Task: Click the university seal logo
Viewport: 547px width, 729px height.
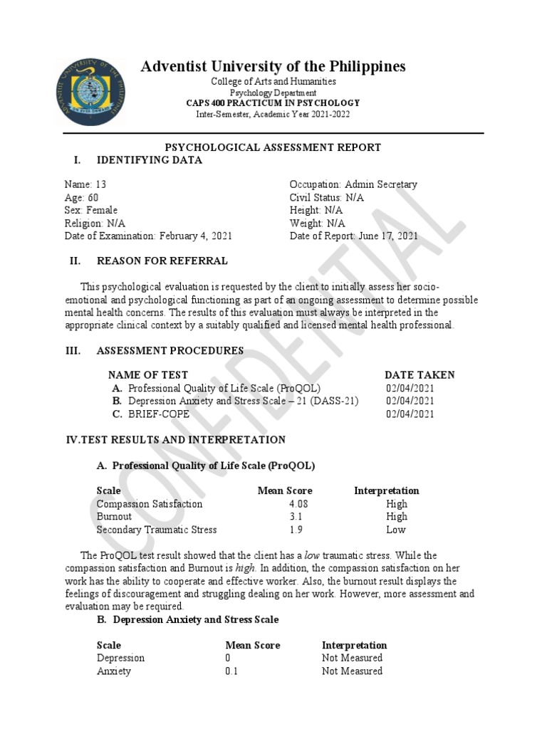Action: point(88,90)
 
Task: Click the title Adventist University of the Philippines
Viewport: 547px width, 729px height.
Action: point(273,67)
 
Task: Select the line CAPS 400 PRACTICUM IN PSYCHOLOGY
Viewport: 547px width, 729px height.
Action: point(273,103)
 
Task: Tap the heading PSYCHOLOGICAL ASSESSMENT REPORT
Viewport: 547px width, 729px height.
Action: point(273,147)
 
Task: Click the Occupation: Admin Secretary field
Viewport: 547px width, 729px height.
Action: point(353,184)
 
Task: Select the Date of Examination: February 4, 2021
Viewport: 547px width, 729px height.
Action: point(147,236)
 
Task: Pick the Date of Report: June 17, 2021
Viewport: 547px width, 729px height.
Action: point(353,236)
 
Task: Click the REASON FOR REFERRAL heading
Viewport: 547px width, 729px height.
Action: point(162,261)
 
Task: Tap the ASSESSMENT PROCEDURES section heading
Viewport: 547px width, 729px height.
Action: point(170,351)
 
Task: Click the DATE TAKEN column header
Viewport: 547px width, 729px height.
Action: point(420,375)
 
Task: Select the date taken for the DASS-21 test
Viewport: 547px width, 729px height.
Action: point(410,401)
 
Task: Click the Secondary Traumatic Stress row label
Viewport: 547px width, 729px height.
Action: point(157,530)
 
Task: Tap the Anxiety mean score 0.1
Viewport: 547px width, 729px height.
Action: point(232,671)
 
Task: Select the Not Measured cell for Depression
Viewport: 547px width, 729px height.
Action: point(352,658)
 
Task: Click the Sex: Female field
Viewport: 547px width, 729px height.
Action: point(90,210)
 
